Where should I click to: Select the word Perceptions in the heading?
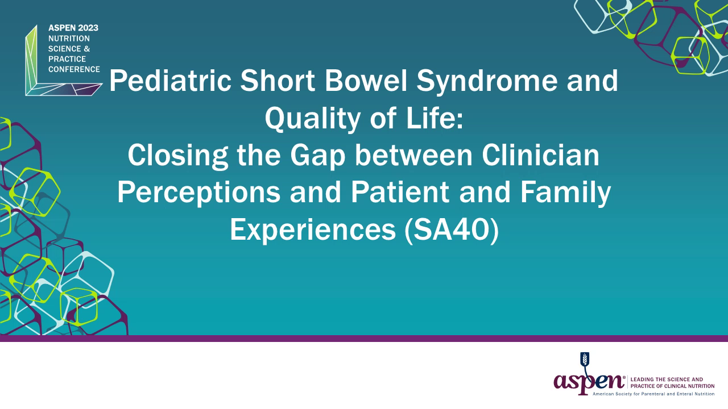tap(198, 193)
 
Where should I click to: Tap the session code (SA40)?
tap(452, 230)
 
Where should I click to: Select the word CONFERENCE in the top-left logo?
tap(74, 69)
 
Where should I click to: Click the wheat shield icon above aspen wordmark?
tap(584, 359)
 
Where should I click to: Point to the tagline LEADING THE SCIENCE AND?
tap(667, 379)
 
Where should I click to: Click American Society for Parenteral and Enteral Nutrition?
tap(653, 394)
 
